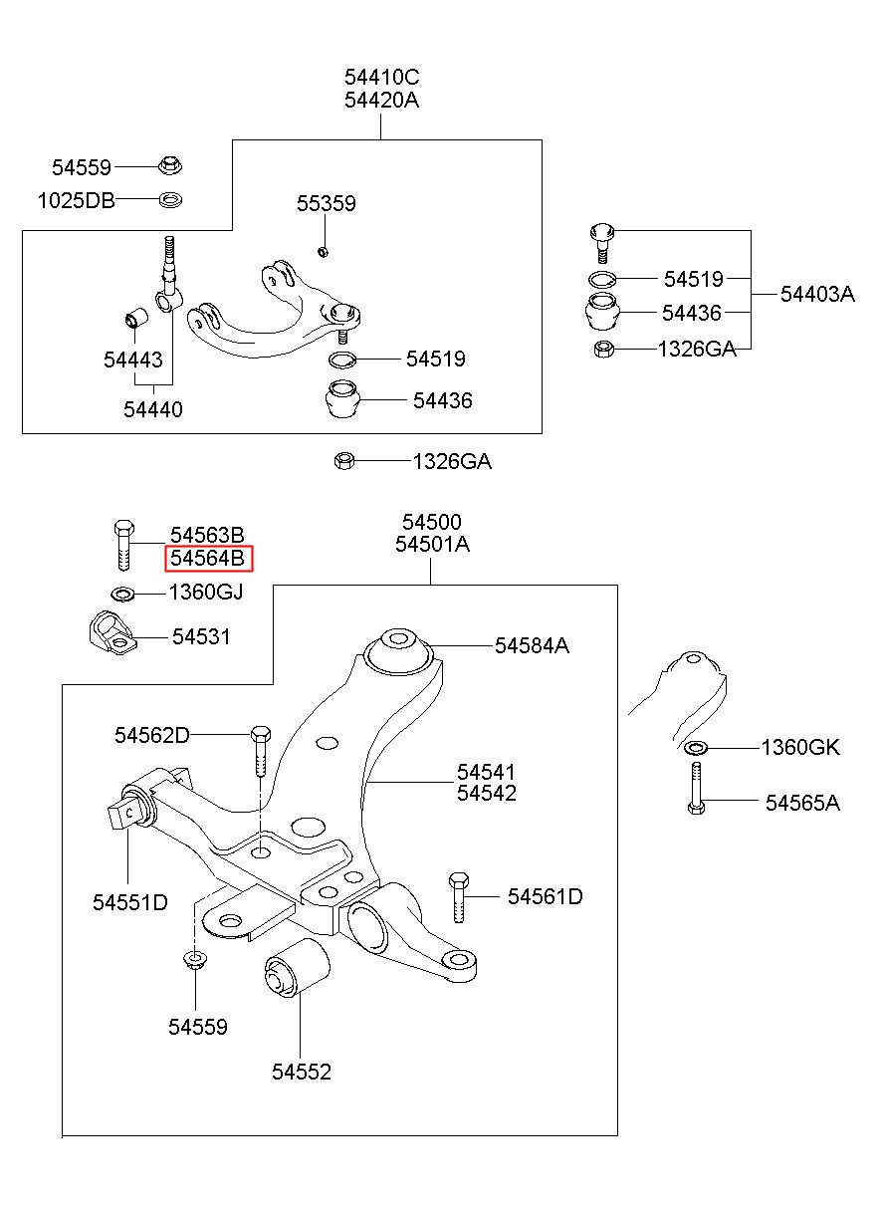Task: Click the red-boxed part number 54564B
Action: point(208,559)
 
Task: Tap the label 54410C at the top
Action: point(382,77)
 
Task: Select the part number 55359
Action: point(326,204)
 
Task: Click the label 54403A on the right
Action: point(816,294)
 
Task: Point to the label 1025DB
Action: point(76,200)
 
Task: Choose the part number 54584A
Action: point(532,645)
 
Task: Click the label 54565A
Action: point(801,803)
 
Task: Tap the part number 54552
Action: point(301,1072)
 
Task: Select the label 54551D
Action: point(130,902)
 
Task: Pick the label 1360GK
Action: point(800,748)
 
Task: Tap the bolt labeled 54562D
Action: point(260,751)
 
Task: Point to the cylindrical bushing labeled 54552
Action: point(295,968)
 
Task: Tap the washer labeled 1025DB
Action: point(171,200)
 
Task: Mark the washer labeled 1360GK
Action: point(696,747)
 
